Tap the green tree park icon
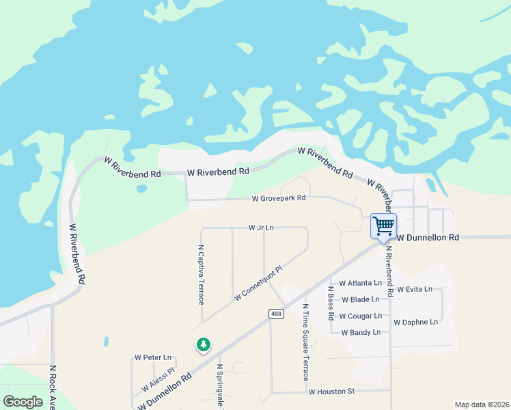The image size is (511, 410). (203, 345)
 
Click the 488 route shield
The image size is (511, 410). (275, 314)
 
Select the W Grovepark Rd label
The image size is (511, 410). (278, 199)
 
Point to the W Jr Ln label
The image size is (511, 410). (260, 228)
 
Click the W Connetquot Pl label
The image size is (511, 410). (258, 284)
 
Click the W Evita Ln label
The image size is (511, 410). (415, 289)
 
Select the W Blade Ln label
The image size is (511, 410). (361, 299)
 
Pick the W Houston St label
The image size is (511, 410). (332, 392)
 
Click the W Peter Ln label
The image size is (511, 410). (153, 357)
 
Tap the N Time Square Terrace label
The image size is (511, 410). (305, 342)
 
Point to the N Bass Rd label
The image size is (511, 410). (331, 303)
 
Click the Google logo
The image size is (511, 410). (23, 401)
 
